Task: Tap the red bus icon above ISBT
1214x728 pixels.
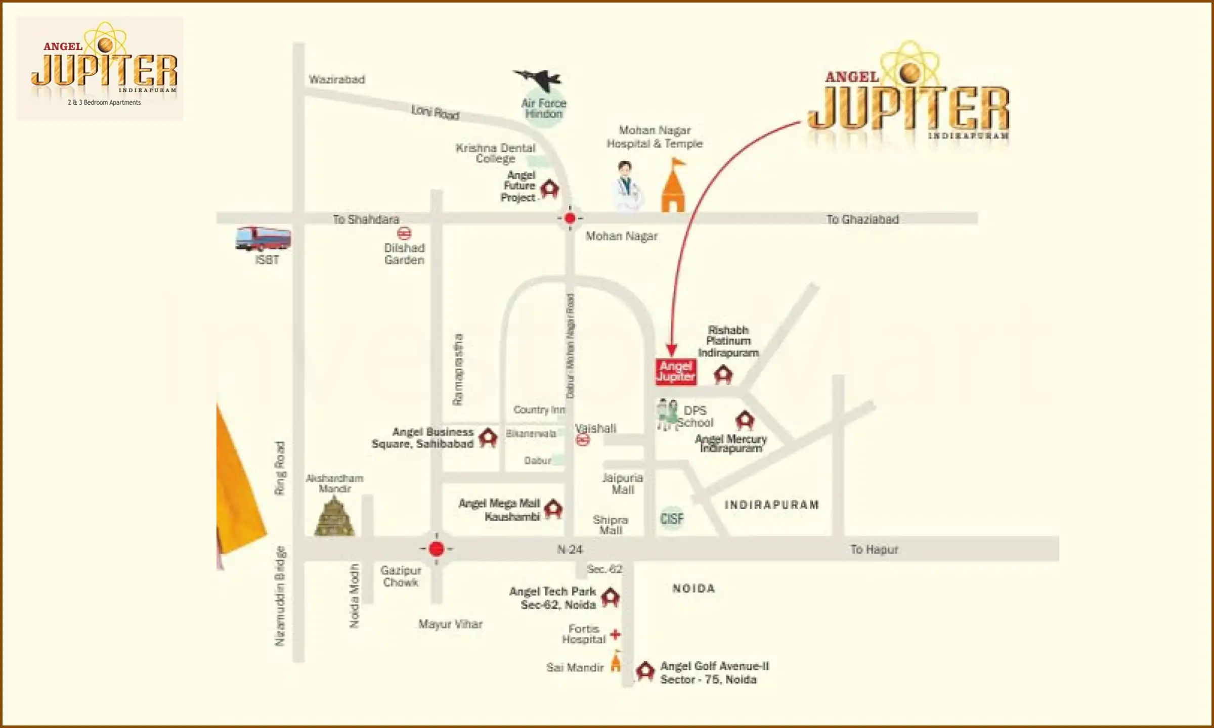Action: tap(263, 239)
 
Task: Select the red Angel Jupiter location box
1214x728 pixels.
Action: tap(676, 372)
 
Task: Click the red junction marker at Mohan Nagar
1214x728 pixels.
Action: tap(570, 218)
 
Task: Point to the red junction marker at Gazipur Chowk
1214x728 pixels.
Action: tap(436, 549)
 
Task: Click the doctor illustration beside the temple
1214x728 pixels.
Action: tap(627, 186)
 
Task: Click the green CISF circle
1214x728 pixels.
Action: tap(672, 519)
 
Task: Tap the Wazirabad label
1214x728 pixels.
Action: tap(337, 79)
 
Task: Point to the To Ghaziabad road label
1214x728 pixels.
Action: tap(862, 219)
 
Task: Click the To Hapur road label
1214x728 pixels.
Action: tap(874, 550)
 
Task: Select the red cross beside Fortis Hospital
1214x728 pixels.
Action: tap(615, 634)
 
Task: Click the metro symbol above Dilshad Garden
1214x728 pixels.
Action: tap(404, 233)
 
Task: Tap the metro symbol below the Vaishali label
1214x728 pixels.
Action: tap(583, 440)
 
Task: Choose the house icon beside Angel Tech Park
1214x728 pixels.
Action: tap(611, 597)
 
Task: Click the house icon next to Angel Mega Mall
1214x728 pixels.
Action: tap(553, 509)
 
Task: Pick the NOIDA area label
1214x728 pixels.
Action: tap(693, 588)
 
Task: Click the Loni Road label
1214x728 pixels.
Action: tap(435, 112)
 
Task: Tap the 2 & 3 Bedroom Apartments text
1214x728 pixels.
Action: tap(104, 103)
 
